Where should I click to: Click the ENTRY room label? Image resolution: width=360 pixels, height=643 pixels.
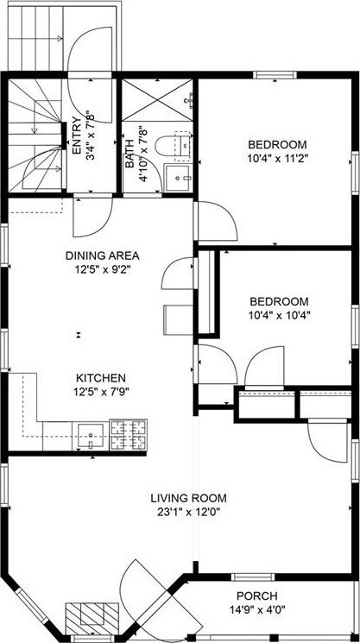click(77, 136)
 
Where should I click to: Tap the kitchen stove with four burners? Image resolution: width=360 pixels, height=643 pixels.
click(128, 435)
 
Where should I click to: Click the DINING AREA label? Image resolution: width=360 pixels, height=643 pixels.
click(103, 255)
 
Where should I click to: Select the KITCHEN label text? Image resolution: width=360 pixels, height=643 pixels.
click(101, 378)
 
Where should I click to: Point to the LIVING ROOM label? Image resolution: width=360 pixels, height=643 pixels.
click(188, 497)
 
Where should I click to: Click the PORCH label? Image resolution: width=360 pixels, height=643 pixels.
click(256, 596)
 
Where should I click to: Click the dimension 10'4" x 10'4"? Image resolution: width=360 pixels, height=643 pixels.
click(279, 315)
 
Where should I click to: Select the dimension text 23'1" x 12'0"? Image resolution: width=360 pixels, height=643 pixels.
click(188, 512)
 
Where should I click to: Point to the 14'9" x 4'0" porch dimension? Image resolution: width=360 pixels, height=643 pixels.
click(256, 611)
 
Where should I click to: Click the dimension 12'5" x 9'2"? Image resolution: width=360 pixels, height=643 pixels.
click(103, 269)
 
